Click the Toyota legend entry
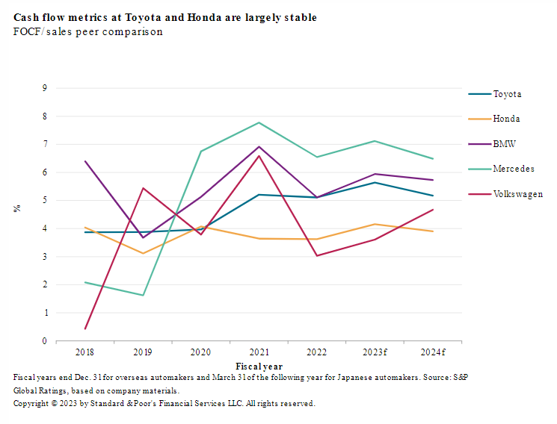pos(507,94)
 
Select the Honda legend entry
pos(506,119)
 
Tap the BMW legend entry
pos(504,144)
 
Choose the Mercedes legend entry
pos(513,169)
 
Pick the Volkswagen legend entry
pos(517,194)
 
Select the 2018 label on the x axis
pos(85,352)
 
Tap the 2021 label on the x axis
pos(259,352)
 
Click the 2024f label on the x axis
pos(432,352)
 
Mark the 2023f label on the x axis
pos(375,352)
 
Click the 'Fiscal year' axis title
pos(259,367)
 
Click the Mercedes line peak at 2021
pos(259,122)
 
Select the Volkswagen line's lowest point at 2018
pos(85,328)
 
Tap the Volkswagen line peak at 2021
pos(259,156)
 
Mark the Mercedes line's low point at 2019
pos(143,295)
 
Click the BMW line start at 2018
pos(85,161)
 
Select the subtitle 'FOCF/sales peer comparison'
pos(87,32)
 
